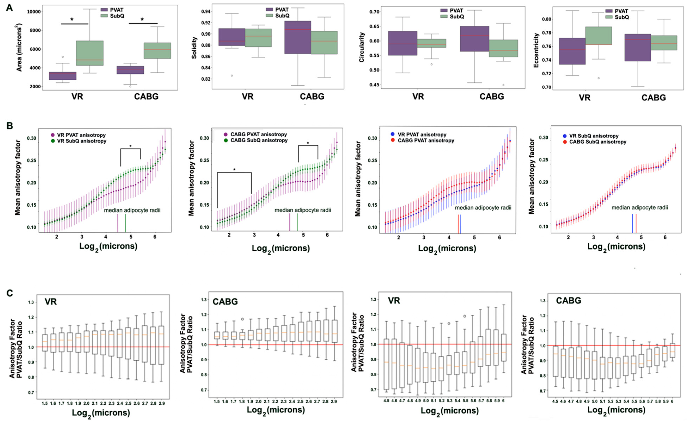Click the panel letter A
[x=9, y=8]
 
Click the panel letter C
[x=10, y=293]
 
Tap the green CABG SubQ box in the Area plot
[x=157, y=51]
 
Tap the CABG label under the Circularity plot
[x=492, y=97]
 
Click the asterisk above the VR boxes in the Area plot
[x=72, y=20]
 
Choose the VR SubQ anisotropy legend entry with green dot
[x=78, y=141]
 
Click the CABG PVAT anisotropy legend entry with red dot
[x=422, y=140]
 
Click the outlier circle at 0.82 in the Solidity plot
[x=232, y=76]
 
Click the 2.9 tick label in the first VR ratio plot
[x=162, y=403]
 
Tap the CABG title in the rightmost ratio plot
[x=568, y=301]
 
